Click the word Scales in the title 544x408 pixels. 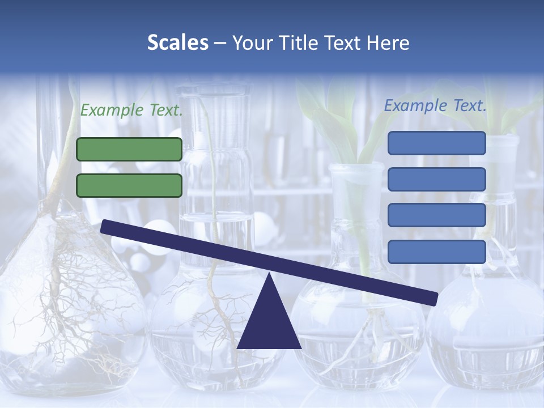click(x=177, y=42)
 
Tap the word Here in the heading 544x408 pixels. click(x=388, y=42)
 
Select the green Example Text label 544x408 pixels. click(x=131, y=110)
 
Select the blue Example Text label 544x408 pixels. click(x=435, y=105)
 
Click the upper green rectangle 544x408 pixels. click(x=129, y=149)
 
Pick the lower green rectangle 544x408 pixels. click(x=129, y=185)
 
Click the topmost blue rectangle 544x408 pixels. click(x=436, y=143)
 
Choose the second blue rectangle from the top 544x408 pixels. click(x=436, y=179)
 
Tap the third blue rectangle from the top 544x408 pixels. click(x=436, y=215)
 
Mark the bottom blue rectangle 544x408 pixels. click(x=436, y=252)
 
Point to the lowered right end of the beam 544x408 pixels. click(x=433, y=297)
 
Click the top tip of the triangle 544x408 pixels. click(x=269, y=274)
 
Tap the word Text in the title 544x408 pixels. click(x=346, y=42)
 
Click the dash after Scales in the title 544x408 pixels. click(x=220, y=43)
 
